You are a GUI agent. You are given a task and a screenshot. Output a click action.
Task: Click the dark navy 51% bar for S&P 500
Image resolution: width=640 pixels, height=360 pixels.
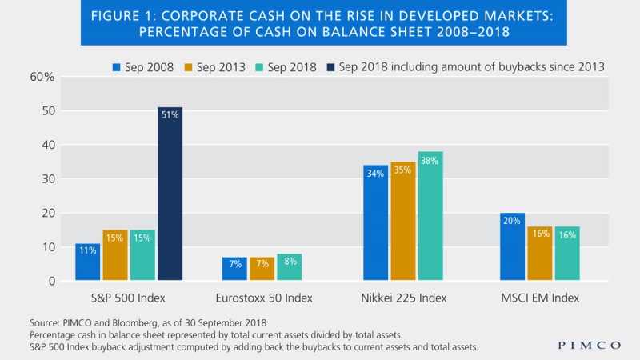(170, 194)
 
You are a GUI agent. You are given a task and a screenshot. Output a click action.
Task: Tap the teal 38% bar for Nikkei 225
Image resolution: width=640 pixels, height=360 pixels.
(430, 216)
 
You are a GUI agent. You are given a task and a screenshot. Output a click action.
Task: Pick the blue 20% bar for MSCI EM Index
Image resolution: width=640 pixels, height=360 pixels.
(513, 246)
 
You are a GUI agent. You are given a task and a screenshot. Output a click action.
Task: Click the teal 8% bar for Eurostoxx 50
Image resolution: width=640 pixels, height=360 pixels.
(289, 267)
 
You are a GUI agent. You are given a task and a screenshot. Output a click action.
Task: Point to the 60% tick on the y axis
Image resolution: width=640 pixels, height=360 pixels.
(42, 77)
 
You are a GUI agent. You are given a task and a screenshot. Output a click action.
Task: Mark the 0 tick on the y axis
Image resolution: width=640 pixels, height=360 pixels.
(49, 282)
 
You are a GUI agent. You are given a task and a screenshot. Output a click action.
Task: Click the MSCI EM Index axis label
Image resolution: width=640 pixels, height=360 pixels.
(540, 298)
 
